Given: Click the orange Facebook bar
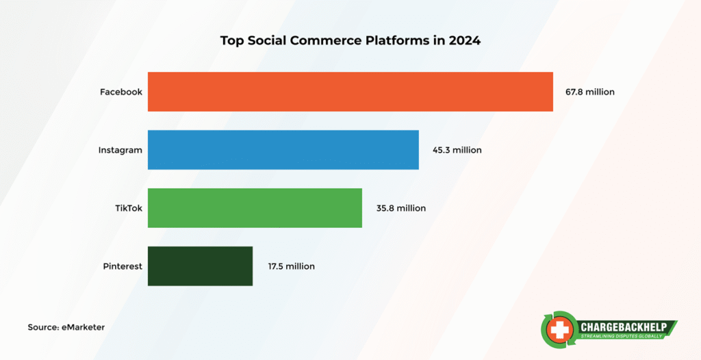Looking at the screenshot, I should (x=350, y=91).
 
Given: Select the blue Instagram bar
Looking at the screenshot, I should (x=283, y=149).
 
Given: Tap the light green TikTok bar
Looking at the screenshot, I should (x=255, y=208).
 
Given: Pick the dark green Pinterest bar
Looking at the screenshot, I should (x=200, y=266).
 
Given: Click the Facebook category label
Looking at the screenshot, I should (x=121, y=92).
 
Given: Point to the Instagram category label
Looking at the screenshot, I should (x=120, y=150).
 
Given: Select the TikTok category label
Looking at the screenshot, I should (x=129, y=208).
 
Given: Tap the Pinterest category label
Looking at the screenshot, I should (x=122, y=266).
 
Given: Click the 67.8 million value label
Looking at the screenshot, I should (x=591, y=92).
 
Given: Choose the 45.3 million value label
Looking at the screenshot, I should (x=457, y=150).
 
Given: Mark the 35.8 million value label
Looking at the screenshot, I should (x=400, y=208).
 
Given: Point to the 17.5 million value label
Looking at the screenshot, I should (x=291, y=266).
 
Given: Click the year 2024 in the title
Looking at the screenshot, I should (x=465, y=40).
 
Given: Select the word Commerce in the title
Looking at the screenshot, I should (x=322, y=40).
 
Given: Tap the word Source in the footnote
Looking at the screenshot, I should (x=42, y=327).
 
